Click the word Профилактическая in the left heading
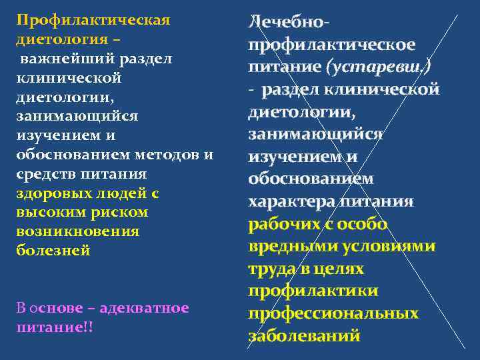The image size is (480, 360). pos(93,19)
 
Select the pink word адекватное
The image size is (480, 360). pos(146,309)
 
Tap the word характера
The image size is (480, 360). pos(291,201)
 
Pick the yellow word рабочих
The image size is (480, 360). pos(285,224)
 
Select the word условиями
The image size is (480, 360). pos(390,246)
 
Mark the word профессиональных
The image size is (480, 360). pos(333,313)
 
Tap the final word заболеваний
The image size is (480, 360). pos(304,335)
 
